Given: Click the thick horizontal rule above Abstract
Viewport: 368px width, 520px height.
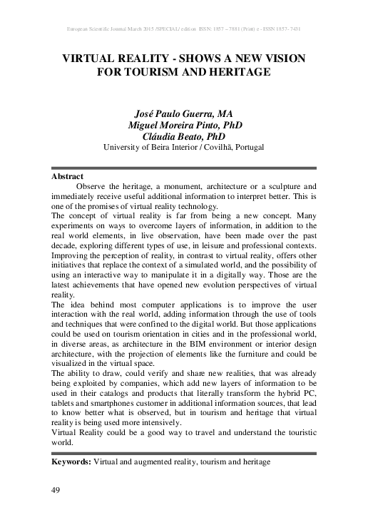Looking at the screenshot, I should click(x=184, y=168).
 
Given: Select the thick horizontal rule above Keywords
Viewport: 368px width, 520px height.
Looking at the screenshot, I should click(x=184, y=453).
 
